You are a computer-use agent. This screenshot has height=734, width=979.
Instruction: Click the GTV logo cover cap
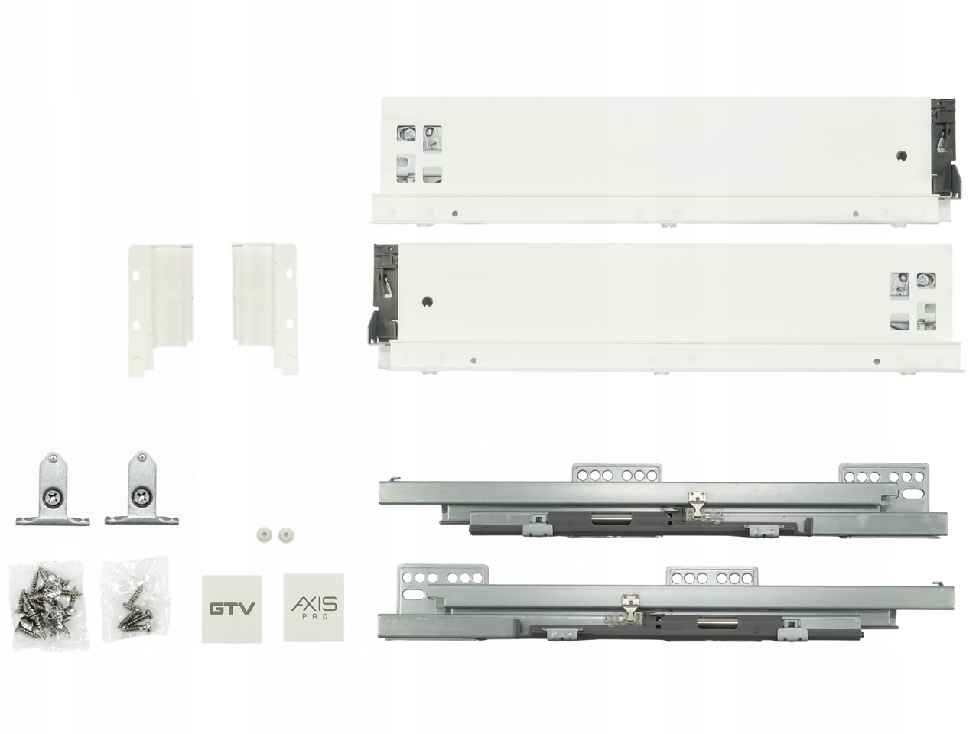[232, 608]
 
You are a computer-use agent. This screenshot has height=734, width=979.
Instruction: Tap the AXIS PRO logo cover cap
[314, 606]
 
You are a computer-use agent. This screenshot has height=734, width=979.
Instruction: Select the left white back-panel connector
[160, 309]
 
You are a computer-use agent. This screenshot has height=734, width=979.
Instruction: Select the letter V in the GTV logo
[247, 609]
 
